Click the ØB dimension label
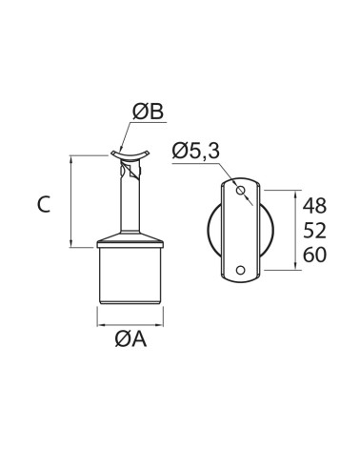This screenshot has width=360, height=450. pyautogui.click(x=148, y=112)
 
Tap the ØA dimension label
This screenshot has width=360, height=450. pyautogui.click(x=130, y=339)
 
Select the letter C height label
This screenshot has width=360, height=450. pyautogui.click(x=44, y=204)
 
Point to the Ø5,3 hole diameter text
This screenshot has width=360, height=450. pyautogui.click(x=195, y=151)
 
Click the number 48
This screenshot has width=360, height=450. pyautogui.click(x=314, y=206)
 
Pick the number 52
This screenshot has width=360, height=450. pyautogui.click(x=314, y=230)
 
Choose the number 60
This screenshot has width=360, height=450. pyautogui.click(x=314, y=255)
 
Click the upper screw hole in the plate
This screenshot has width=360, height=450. pyautogui.click(x=240, y=191)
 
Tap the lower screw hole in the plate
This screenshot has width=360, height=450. pyautogui.click(x=240, y=270)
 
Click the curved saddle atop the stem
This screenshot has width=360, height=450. pyautogui.click(x=130, y=156)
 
